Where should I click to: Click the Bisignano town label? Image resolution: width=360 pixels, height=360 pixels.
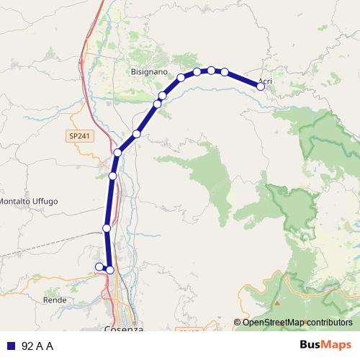(148, 72)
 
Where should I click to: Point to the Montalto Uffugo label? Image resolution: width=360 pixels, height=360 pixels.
(28, 201)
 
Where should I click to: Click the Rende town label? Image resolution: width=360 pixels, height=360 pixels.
(55, 300)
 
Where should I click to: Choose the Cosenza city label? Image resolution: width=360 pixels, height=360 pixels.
(123, 329)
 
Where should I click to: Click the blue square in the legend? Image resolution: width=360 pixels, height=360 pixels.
(11, 346)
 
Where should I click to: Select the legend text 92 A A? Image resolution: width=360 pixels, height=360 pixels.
(38, 346)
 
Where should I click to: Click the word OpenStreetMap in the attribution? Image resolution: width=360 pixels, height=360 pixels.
(270, 323)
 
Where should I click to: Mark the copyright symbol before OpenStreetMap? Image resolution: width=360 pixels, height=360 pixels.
(238, 323)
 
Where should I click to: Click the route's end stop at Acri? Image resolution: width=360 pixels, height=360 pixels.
(261, 86)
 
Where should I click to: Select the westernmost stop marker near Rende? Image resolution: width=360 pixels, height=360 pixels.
(99, 267)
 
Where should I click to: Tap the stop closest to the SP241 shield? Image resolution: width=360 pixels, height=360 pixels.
(117, 152)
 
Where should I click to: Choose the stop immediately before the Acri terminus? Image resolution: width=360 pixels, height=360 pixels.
(225, 72)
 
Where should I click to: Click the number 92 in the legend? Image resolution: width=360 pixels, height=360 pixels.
(27, 346)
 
